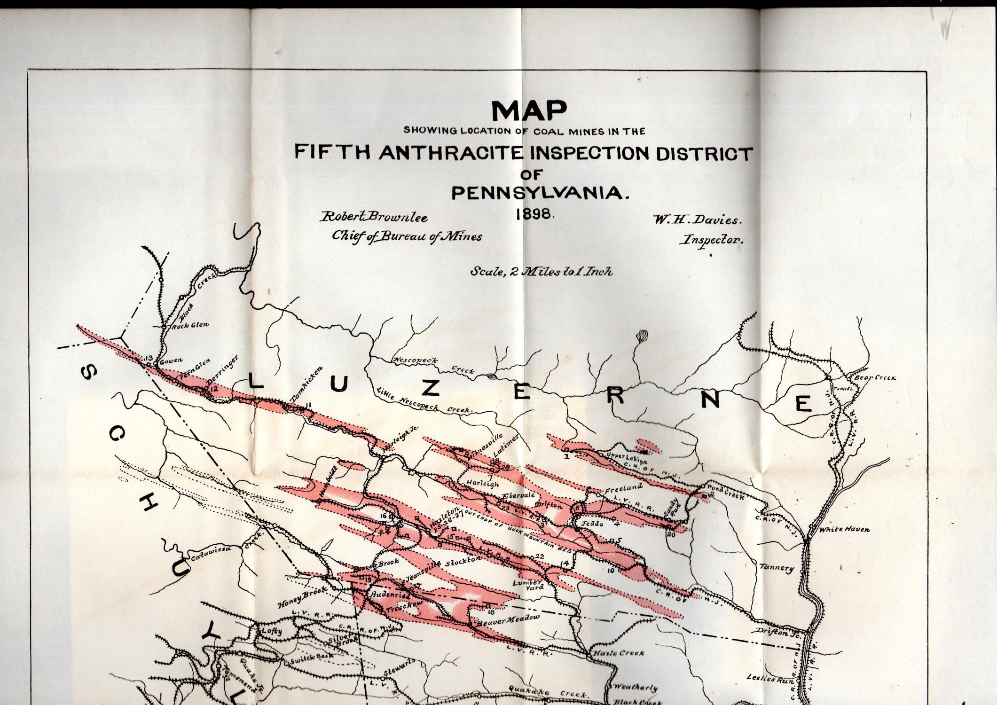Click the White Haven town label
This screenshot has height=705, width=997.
(844, 529)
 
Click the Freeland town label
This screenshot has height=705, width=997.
(623, 489)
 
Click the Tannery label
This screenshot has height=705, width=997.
(777, 568)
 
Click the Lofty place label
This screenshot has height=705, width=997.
(272, 631)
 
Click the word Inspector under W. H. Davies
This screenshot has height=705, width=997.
(713, 240)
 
